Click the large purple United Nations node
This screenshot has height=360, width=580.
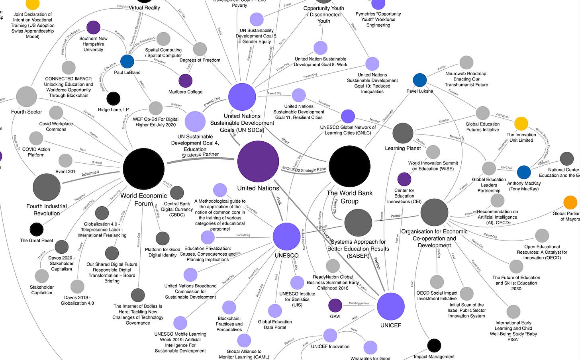point(258,161)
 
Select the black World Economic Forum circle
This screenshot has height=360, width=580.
point(143,168)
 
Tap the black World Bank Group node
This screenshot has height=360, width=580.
point(350,166)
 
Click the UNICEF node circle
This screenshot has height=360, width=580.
point(390,306)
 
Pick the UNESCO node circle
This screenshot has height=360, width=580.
point(286,237)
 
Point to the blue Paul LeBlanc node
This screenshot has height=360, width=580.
point(127,61)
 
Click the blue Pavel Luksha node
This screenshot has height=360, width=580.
point(419,80)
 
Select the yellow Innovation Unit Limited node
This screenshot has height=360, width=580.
point(521,123)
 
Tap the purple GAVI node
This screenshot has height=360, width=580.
point(335,305)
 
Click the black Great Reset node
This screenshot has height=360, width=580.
point(37,229)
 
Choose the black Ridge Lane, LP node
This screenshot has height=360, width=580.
point(114,98)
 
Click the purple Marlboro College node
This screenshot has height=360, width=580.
point(185,80)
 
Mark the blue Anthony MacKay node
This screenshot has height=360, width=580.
point(524,172)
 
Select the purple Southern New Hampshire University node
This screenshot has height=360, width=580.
point(93,27)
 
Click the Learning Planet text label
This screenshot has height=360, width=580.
point(403,148)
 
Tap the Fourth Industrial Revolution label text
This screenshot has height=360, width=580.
point(47,210)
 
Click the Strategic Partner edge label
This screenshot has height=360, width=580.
point(200,155)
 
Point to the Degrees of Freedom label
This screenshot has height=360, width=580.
point(200,60)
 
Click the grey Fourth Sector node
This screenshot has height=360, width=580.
point(26,97)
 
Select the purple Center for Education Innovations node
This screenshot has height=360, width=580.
point(404,179)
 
